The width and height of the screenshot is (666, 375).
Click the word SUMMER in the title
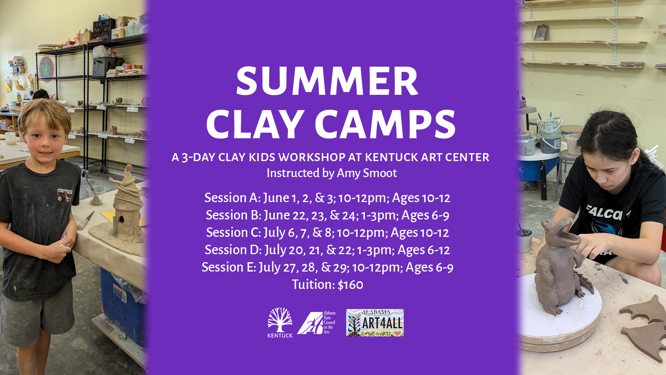327,82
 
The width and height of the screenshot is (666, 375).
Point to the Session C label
233,232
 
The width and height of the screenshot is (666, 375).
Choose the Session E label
229,267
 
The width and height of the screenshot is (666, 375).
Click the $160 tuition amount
350,285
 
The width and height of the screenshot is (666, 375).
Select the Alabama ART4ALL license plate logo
375,323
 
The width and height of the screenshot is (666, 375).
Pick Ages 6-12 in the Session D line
424,250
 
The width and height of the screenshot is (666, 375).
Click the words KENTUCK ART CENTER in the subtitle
427,157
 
